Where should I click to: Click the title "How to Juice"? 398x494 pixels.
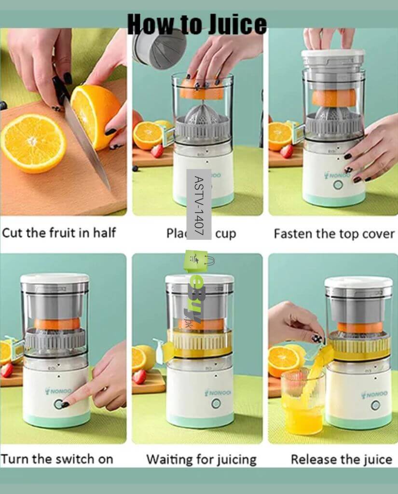(x=197, y=24)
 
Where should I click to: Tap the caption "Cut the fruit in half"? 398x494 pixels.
(x=59, y=233)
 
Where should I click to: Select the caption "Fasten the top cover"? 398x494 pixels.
(x=334, y=234)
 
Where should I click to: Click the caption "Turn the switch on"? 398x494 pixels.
(x=57, y=458)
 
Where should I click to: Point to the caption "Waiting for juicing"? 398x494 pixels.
(x=201, y=459)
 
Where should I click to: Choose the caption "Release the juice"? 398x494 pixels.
(x=341, y=459)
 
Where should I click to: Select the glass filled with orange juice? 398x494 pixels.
(x=302, y=403)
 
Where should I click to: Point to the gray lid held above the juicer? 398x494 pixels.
(x=159, y=48)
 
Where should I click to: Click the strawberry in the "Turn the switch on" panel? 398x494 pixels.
(x=6, y=370)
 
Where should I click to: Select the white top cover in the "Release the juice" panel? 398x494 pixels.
(x=358, y=282)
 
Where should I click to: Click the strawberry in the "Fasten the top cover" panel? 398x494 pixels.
(x=287, y=151)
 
